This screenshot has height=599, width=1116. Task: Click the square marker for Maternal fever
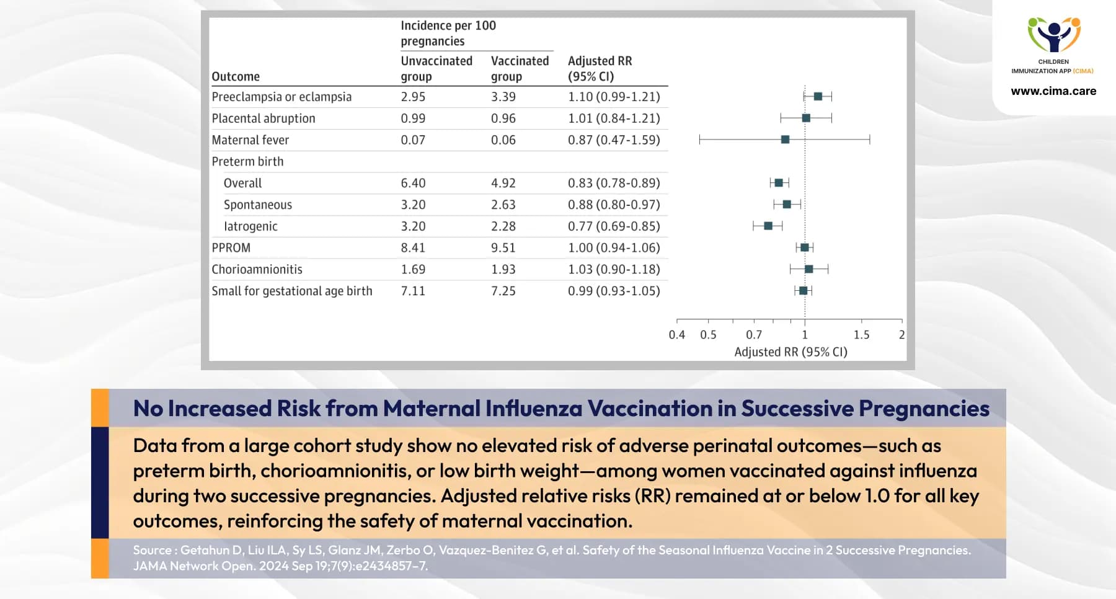(785, 140)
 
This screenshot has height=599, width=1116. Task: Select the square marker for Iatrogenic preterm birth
(768, 226)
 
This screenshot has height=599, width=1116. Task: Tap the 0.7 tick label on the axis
(754, 335)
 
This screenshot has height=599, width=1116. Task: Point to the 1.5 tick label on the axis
(861, 335)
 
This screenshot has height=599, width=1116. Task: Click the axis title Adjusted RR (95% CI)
(790, 352)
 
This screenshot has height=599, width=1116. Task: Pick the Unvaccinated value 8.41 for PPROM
(413, 247)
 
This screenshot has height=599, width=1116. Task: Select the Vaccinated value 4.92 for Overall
(503, 183)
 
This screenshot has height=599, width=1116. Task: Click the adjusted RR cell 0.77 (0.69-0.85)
(614, 226)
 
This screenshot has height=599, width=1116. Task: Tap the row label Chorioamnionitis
(257, 269)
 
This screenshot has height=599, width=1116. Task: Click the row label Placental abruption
(263, 118)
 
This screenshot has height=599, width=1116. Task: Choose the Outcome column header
(236, 76)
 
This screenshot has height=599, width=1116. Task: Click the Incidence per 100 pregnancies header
(448, 33)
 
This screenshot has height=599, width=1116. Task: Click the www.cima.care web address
(1053, 91)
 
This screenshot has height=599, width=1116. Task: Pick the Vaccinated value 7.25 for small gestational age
(503, 291)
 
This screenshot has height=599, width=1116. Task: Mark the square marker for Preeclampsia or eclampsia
(818, 96)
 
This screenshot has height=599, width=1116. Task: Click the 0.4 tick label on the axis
(676, 335)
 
